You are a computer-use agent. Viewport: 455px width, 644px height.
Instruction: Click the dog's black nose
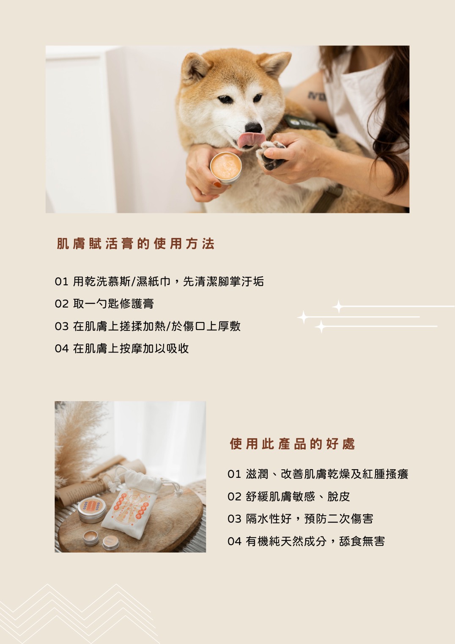[x=254, y=127]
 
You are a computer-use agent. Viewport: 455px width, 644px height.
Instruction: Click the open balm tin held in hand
[x=226, y=168]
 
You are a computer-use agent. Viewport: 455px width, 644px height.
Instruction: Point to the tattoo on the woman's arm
[x=317, y=96]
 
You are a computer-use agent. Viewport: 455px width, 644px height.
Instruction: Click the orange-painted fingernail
[x=217, y=184]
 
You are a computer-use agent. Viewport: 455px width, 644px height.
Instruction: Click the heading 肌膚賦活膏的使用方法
[x=136, y=244]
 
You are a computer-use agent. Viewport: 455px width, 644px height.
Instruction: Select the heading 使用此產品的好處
[x=293, y=444]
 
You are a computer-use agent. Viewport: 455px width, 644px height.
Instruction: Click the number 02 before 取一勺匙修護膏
[x=62, y=304]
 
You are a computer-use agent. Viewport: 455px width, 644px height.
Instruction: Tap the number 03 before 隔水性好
[x=234, y=519]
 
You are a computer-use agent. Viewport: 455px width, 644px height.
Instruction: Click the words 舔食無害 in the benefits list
[x=362, y=541]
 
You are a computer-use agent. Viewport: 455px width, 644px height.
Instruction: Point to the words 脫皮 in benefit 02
[x=339, y=496]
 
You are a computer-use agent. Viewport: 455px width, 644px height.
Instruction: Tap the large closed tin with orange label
[x=92, y=510]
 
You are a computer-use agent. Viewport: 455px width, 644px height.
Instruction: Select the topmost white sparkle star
[x=338, y=306]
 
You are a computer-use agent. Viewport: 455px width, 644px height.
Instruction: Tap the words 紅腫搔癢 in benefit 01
[x=386, y=474]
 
